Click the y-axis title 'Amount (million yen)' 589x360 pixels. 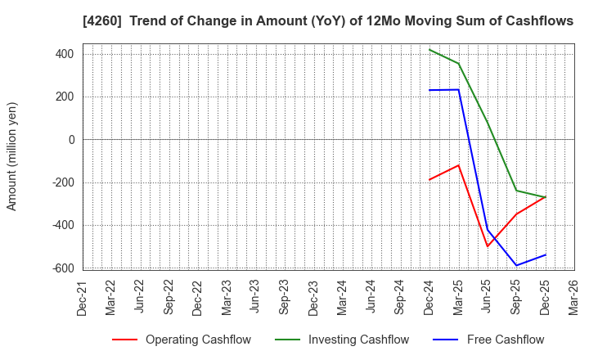coord(12,156)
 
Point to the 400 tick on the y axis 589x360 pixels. coord(65,54)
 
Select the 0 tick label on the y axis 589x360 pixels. coord(71,140)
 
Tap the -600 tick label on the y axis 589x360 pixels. coord(62,268)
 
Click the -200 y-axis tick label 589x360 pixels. coord(62,182)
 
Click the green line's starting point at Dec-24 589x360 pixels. coord(429,49)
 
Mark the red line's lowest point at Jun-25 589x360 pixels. coord(488,246)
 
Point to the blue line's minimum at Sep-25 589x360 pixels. coord(516,265)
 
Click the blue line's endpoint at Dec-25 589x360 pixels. coord(545,254)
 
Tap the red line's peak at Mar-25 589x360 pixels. coord(458,165)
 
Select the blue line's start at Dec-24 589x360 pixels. coord(429,90)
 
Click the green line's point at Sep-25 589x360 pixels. coord(516,191)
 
